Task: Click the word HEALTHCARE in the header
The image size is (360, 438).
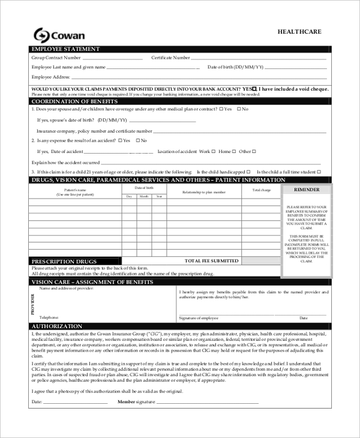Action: pyautogui.click(x=300, y=32)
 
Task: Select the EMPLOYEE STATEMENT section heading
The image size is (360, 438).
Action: pyautogui.click(x=65, y=49)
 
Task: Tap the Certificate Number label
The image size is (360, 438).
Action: pyautogui.click(x=170, y=58)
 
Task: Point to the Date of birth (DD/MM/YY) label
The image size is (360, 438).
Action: pyautogui.click(x=235, y=67)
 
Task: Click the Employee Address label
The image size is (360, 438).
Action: pyautogui.click(x=51, y=77)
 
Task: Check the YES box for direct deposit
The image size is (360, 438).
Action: pyautogui.click(x=255, y=88)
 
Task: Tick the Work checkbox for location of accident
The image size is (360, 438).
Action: pyautogui.click(x=214, y=151)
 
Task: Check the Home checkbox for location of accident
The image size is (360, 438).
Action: pyautogui.click(x=233, y=151)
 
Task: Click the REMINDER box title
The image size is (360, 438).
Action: pyautogui.click(x=306, y=190)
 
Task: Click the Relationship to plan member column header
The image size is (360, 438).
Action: pyautogui.click(x=204, y=191)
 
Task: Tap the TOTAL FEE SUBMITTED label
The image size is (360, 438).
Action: pyautogui.click(x=211, y=261)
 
